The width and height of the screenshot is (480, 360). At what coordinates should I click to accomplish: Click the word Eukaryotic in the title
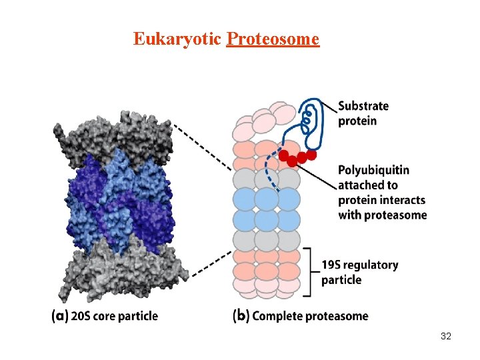point(177,39)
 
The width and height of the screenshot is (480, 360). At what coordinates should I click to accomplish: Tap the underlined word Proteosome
point(273,39)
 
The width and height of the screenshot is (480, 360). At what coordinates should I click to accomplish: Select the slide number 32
point(446,337)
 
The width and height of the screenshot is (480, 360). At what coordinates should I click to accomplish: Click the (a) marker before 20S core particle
point(59,316)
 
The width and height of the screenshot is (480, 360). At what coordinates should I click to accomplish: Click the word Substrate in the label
point(363,107)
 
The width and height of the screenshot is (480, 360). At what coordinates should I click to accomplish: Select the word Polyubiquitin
point(374,170)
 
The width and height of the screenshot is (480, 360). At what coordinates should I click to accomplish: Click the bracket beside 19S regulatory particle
point(308,271)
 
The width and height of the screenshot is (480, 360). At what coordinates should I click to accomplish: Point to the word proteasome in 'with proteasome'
point(395,215)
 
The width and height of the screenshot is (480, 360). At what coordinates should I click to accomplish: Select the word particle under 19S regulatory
point(341,280)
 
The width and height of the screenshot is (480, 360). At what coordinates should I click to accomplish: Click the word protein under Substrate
point(358,121)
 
